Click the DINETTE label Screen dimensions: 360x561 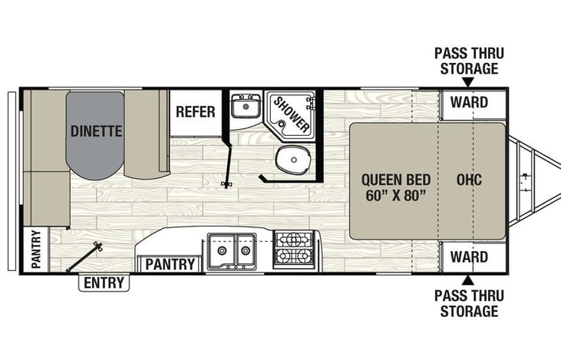[x=97, y=130]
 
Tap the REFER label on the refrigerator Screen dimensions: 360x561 [x=195, y=111]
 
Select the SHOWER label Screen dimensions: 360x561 [x=292, y=114]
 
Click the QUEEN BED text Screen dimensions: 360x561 [x=396, y=180]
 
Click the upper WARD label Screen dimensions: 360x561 [x=469, y=101]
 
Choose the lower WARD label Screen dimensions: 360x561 [x=469, y=256]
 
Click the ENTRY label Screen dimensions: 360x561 [x=104, y=283]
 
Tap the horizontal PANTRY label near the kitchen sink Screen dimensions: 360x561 [x=170, y=265]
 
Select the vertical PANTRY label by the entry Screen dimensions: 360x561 [x=35, y=249]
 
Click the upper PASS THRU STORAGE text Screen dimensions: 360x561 [x=466, y=61]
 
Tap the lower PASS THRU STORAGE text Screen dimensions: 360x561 [x=466, y=304]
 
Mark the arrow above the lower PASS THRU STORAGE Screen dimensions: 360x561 [x=468, y=279]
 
